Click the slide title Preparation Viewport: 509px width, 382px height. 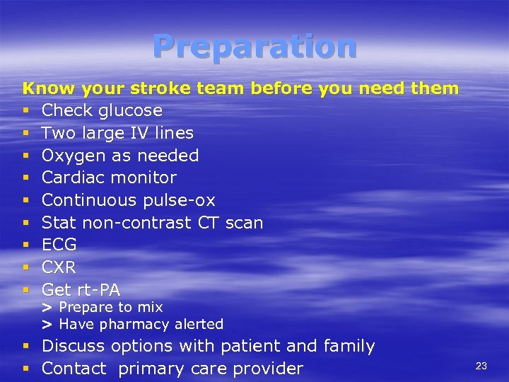[255, 47]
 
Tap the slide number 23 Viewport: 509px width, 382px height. [481, 366]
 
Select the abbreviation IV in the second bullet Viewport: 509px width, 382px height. [140, 133]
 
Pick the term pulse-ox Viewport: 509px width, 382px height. [179, 200]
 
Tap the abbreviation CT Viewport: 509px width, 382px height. [208, 223]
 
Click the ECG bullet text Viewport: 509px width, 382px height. [59, 245]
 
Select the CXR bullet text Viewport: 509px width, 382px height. [59, 267]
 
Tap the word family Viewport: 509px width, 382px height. [349, 347]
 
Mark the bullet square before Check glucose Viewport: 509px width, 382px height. [26, 111]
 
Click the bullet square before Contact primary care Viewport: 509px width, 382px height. [26, 369]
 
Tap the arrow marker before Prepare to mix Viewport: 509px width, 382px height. [47, 308]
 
